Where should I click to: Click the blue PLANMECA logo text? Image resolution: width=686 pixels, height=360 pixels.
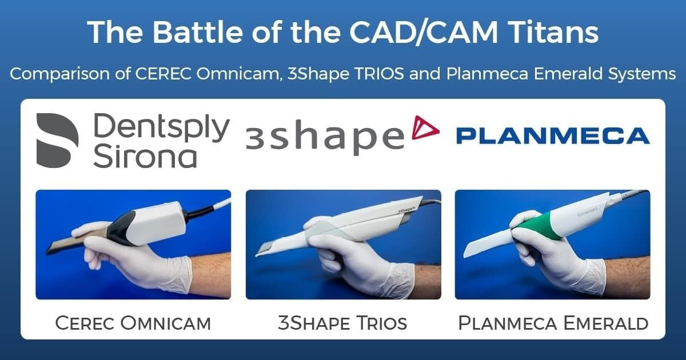[552, 136]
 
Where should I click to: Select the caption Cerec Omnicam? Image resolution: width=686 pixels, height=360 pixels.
[133, 323]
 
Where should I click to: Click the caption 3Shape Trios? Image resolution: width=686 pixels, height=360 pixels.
[342, 323]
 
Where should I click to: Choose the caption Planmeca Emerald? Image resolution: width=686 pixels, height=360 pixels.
[553, 323]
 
